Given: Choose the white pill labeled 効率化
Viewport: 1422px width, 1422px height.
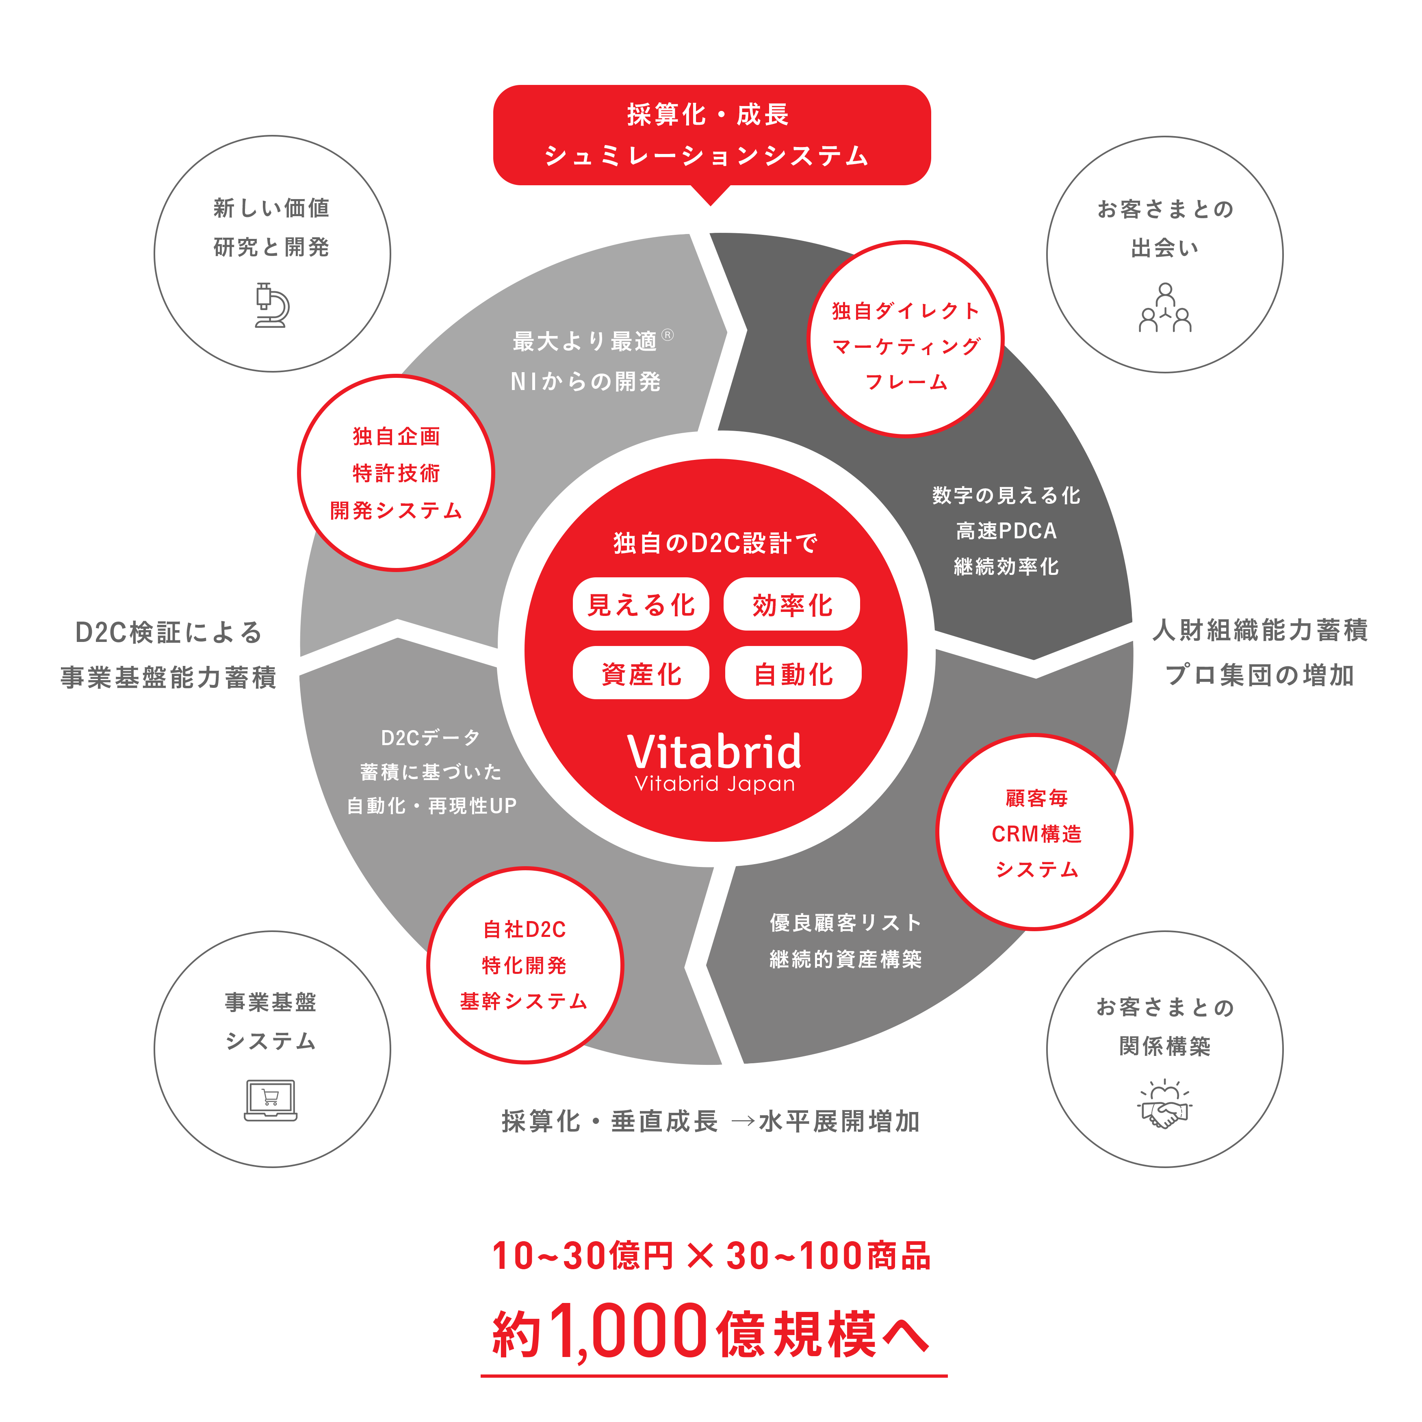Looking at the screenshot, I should point(792,604).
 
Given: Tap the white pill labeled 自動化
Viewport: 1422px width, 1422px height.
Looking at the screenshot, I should point(793,673).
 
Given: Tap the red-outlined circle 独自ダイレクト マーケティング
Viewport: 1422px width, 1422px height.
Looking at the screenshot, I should point(905,338).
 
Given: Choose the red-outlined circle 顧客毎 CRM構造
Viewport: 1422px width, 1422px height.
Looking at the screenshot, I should point(1035,832).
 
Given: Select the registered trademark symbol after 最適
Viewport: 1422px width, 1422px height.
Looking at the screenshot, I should point(668,335).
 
